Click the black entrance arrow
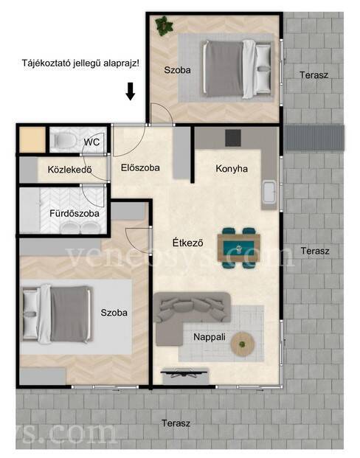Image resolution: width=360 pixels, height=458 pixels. [x=131, y=91]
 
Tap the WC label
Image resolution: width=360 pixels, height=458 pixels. [x=91, y=142]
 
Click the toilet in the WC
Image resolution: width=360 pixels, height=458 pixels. [x=65, y=141]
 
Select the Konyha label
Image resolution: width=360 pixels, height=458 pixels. [x=232, y=169]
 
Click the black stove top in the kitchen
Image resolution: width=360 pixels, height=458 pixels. [x=233, y=138]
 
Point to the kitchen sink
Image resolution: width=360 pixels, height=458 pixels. [x=269, y=191]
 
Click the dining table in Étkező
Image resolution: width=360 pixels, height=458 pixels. [x=239, y=248]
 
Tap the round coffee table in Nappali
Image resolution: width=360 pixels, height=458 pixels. [x=243, y=344]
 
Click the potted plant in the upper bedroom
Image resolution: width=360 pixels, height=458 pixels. [x=165, y=26]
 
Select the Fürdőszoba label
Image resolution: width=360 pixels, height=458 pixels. [x=75, y=214]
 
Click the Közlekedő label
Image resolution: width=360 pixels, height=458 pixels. [x=70, y=170]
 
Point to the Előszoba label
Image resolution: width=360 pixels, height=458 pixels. [x=140, y=167]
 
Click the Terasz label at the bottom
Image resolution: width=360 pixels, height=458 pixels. [x=176, y=423]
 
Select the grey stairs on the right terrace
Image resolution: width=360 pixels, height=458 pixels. [x=314, y=137]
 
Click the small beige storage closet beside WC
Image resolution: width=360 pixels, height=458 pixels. [x=32, y=139]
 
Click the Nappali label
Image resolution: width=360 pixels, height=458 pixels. [x=210, y=337]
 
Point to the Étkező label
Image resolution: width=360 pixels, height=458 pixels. [x=187, y=243]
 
